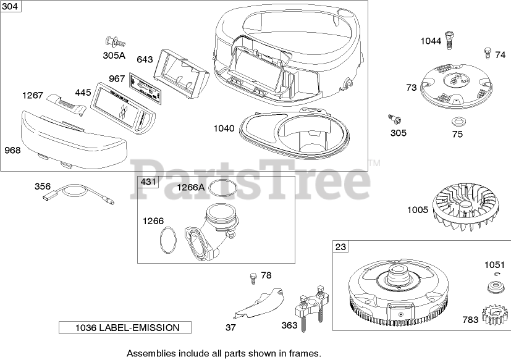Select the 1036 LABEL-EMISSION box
coord(125,327)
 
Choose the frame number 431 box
coord(149,182)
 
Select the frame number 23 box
coord(340,247)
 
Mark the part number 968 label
coord(12,149)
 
